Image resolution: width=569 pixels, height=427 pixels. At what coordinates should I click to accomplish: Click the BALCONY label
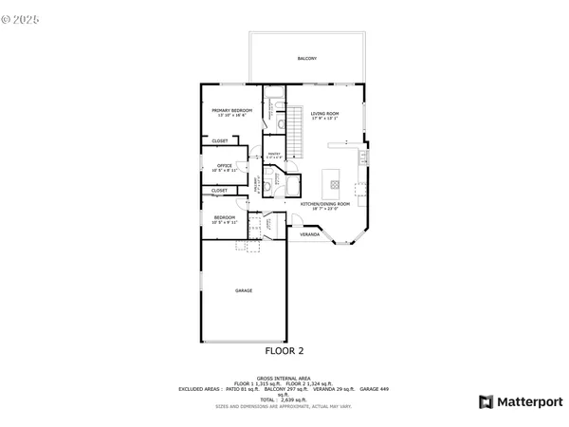point(306,59)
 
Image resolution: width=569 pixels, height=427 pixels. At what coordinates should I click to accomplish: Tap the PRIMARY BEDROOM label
point(230,112)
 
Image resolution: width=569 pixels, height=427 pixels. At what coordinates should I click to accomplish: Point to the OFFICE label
point(225,167)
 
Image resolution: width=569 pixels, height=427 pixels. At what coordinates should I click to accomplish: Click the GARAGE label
point(244,290)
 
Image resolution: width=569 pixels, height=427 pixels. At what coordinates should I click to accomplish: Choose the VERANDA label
point(309,233)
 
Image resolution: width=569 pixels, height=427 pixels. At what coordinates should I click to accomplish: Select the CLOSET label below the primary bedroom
point(219,141)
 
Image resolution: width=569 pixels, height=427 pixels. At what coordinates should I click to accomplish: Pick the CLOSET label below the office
point(219,190)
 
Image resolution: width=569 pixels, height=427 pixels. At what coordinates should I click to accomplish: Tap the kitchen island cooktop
point(333,179)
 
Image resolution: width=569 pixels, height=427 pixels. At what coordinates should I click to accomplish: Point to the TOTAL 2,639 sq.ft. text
point(284,399)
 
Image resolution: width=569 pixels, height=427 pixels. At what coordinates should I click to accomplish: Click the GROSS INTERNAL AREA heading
point(284,378)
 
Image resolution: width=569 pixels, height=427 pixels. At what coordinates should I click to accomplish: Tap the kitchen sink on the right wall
point(360,157)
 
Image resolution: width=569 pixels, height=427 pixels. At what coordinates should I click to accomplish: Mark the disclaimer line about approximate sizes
point(284,406)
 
